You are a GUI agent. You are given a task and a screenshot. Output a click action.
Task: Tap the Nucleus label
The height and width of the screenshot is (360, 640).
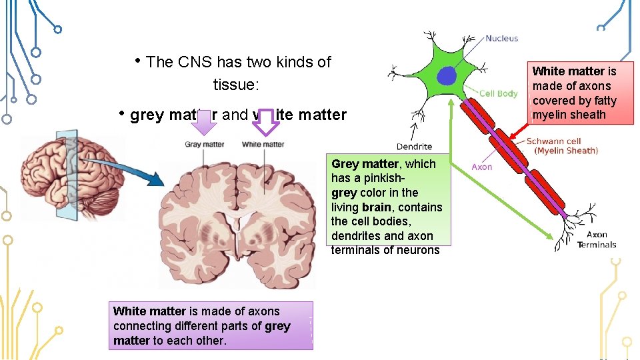coord(501,38)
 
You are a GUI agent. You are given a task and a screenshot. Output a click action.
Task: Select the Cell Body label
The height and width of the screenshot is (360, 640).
coord(498,93)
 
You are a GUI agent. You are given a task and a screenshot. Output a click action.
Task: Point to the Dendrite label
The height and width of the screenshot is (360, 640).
coord(414,146)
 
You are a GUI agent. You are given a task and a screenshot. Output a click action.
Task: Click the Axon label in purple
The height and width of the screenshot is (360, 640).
coord(481,167)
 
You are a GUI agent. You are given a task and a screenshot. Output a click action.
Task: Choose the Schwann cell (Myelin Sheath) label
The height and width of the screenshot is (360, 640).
coord(562,146)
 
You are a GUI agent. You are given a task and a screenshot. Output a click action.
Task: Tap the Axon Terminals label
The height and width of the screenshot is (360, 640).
coord(597,239)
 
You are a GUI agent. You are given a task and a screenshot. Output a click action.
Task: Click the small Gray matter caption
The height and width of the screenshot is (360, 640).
coord(204,144)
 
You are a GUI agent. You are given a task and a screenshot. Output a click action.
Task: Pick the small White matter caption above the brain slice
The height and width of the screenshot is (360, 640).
coord(263,144)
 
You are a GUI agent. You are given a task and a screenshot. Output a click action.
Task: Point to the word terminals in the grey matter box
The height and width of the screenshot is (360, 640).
coord(358,250)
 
